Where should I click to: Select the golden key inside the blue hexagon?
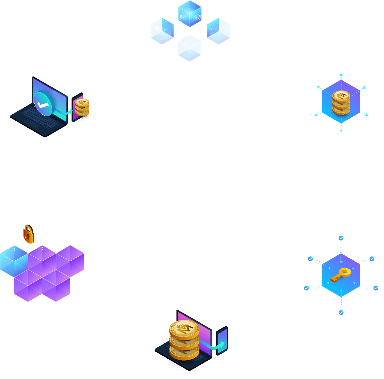341,275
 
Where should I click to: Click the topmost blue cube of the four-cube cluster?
190,14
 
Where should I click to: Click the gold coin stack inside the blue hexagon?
341,103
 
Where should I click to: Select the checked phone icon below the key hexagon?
341,312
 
